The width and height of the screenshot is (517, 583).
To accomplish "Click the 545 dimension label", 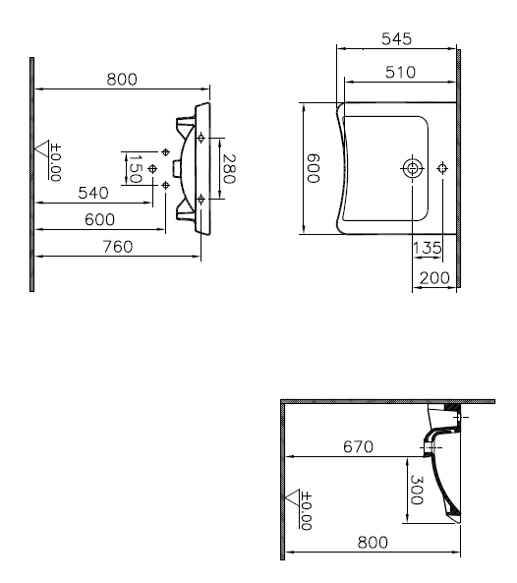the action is click(396, 39).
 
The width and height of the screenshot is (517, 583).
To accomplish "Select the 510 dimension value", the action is click(400, 72).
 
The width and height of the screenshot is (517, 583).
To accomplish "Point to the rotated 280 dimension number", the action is click(229, 169).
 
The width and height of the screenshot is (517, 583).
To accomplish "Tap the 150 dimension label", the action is click(135, 169).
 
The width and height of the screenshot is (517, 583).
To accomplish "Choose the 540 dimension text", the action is click(93, 193).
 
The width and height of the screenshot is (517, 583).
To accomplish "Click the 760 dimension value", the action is click(117, 247).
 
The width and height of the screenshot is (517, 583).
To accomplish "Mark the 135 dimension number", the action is click(428, 248).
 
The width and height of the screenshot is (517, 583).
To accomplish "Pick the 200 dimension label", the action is click(434, 278).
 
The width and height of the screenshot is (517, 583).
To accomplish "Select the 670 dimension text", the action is click(358, 446).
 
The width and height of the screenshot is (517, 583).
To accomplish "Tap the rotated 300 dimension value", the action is click(417, 490).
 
